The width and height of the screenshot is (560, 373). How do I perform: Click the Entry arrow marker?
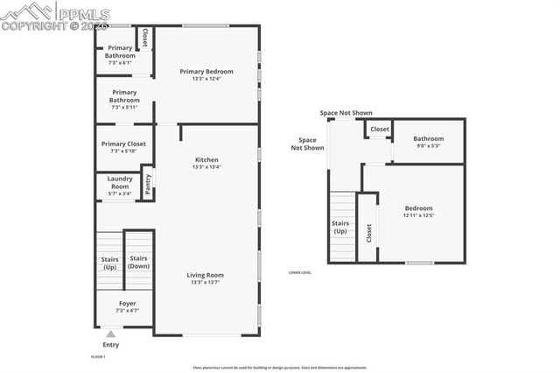pyautogui.click(x=110, y=334)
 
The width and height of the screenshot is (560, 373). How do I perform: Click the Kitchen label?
pyautogui.click(x=206, y=163)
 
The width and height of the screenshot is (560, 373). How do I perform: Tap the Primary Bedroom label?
pyautogui.click(x=206, y=74)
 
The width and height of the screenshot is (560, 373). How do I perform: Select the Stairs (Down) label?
pyautogui.click(x=138, y=262)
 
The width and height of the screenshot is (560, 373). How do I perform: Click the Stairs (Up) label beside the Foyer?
pyautogui.click(x=109, y=262)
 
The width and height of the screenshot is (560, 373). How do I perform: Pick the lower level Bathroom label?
pyautogui.click(x=428, y=142)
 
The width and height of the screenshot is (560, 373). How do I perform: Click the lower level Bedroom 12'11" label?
pyautogui.click(x=419, y=211)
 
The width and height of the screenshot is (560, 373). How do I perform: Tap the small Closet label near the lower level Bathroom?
pyautogui.click(x=379, y=130)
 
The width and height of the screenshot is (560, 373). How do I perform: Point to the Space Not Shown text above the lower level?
pyautogui.click(x=346, y=113)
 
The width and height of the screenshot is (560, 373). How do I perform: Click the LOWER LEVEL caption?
pyautogui.click(x=300, y=272)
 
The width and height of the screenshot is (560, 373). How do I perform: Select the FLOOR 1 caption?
pyautogui.click(x=98, y=356)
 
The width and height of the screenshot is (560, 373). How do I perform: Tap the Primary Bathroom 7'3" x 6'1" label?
pyautogui.click(x=120, y=55)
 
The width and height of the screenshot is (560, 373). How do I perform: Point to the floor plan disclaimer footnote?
pyautogui.click(x=279, y=368)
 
